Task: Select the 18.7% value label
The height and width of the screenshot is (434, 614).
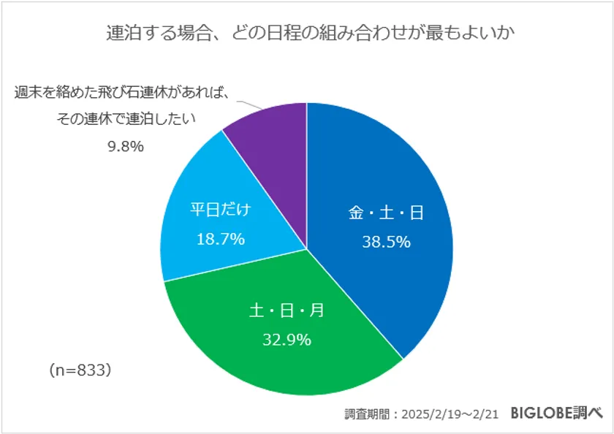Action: coord(220,239)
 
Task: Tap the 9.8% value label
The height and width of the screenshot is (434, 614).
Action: coord(126,146)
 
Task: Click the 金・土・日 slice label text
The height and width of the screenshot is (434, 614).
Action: coord(386,213)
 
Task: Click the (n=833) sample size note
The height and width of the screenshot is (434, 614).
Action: coord(80,370)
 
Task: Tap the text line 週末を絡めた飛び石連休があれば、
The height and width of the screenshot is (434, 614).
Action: coord(123,94)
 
